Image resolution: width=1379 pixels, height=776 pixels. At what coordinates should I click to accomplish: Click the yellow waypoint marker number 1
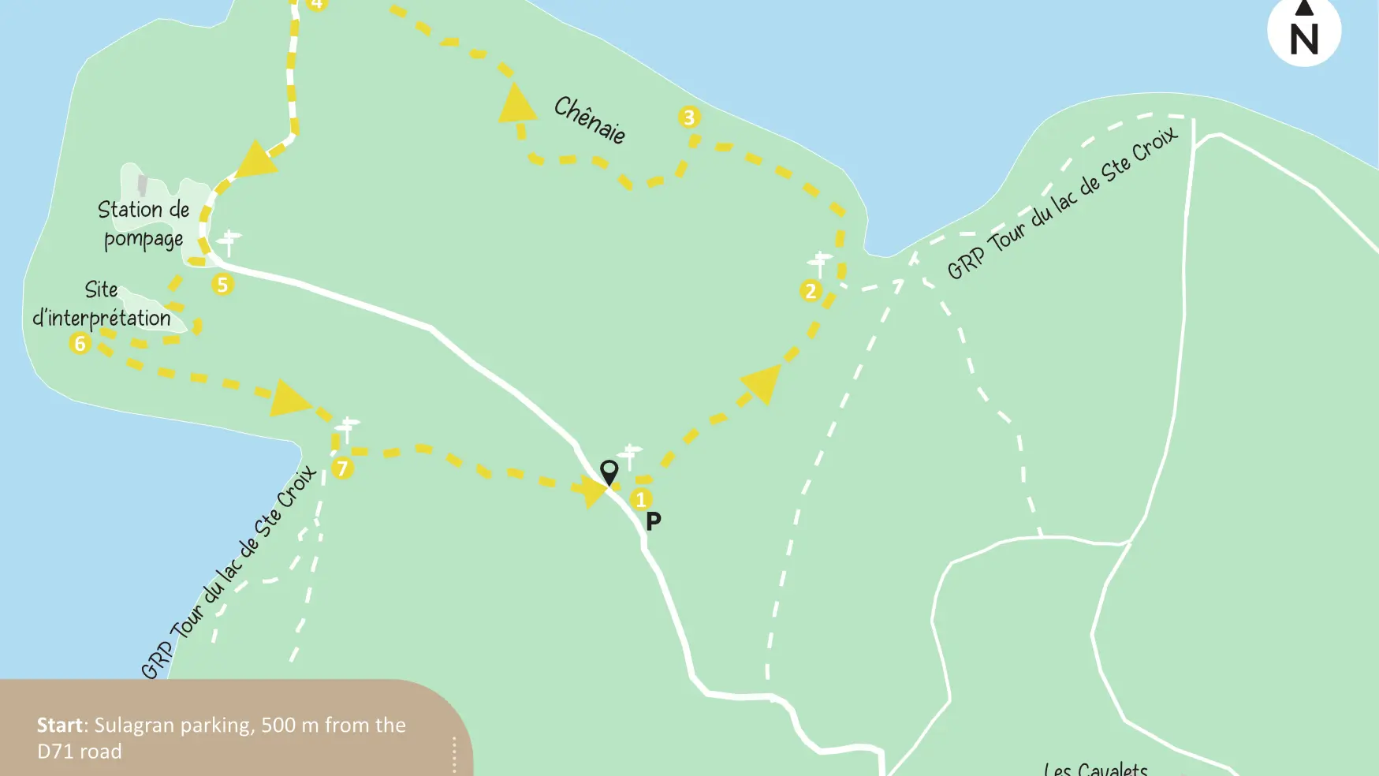(x=641, y=499)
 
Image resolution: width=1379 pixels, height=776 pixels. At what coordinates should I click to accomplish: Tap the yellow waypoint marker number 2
(x=811, y=291)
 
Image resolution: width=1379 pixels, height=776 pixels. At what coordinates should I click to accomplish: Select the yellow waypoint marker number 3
(x=689, y=118)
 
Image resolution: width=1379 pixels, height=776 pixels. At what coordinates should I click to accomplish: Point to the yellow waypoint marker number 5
(x=222, y=285)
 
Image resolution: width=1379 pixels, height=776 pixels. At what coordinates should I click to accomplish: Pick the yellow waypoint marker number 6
(x=80, y=343)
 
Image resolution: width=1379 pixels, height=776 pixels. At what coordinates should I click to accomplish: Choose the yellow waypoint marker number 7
(x=342, y=468)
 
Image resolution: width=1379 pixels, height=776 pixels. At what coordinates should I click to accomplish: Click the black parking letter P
(x=654, y=520)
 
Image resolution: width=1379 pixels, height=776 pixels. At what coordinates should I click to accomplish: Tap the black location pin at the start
(x=609, y=472)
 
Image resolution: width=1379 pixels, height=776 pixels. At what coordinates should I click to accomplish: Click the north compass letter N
(x=1304, y=39)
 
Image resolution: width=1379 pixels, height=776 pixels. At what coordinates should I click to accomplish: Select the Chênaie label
(x=590, y=120)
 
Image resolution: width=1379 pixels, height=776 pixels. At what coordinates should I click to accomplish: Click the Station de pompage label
(x=143, y=224)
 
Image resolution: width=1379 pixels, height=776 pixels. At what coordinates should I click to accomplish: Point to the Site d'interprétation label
(x=102, y=304)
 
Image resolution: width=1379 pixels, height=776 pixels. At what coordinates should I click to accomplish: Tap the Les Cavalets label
(x=1095, y=769)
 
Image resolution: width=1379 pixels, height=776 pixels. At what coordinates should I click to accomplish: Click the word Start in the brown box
(x=60, y=725)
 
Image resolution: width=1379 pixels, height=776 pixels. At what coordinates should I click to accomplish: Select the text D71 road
(x=80, y=752)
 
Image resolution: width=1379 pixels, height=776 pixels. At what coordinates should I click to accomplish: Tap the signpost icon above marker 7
(x=346, y=428)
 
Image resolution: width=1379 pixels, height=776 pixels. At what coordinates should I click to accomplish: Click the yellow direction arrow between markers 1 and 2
(x=762, y=384)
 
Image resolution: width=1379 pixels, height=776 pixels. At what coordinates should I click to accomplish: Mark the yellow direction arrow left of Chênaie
(x=517, y=105)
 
